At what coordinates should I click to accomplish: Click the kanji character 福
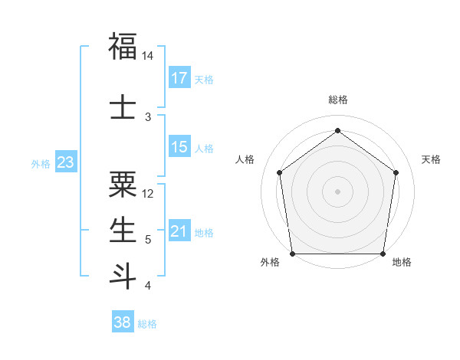pos(123,47)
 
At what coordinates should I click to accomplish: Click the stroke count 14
pos(148,56)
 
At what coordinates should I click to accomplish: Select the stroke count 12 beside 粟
pos(149,193)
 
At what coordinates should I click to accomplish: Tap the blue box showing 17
pos(179,78)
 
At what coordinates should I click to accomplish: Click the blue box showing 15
pos(179,147)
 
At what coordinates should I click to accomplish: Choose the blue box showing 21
pos(179,231)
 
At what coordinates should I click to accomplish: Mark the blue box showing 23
pos(65,162)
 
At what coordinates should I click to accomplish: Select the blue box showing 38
pos(123,322)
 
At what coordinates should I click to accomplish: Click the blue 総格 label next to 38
pos(147,324)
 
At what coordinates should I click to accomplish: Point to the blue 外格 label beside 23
pos(40,164)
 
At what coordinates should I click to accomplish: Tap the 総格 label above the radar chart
pos(337,100)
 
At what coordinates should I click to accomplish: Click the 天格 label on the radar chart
pos(432,159)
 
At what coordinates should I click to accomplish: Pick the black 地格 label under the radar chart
pos(402,262)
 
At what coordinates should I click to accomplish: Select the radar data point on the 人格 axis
pos(279,172)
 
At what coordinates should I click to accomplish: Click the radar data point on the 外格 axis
pos(293,254)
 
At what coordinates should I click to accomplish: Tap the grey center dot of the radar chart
pos(337,191)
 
